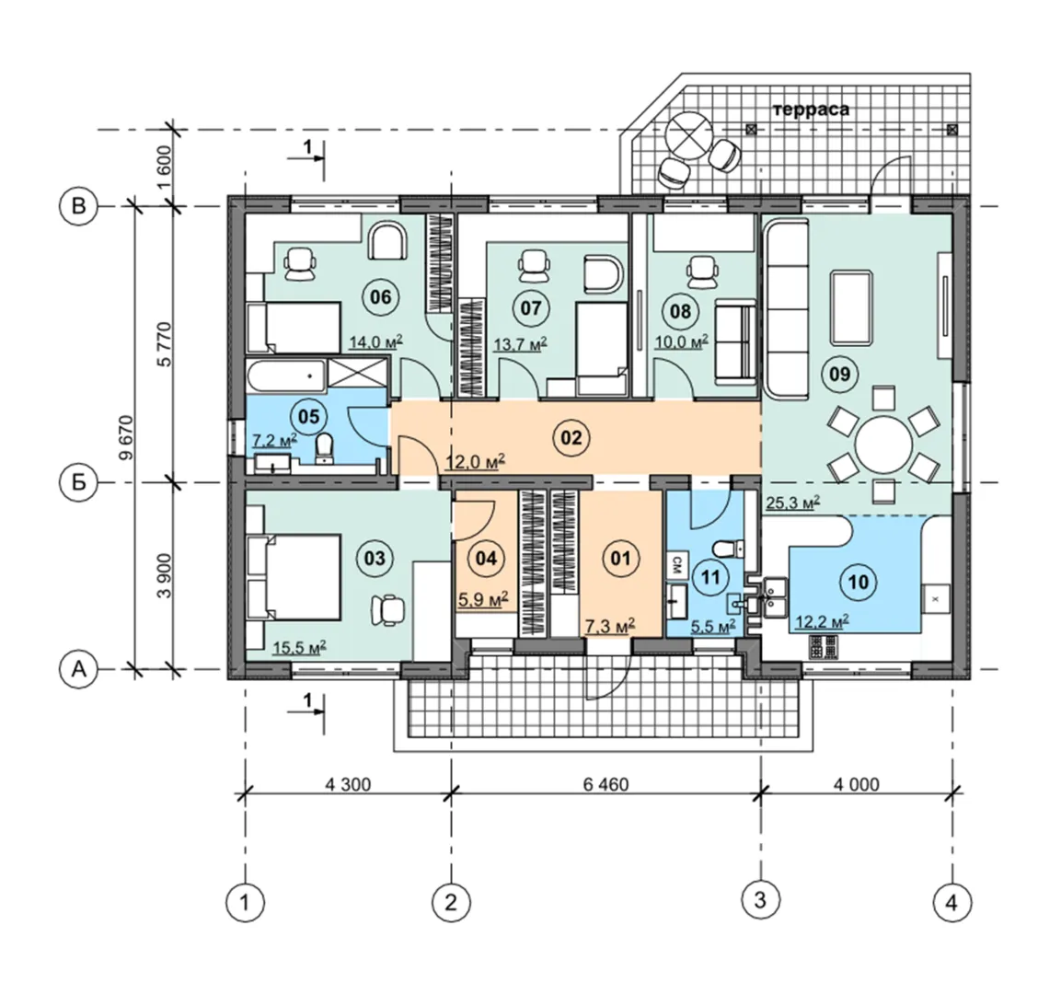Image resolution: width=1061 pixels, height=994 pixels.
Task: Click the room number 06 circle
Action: point(381,296)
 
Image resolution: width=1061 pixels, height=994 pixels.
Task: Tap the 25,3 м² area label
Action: point(793,503)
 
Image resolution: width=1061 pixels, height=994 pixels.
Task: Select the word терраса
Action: point(811,109)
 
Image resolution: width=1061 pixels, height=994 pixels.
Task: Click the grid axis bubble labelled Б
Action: point(79,483)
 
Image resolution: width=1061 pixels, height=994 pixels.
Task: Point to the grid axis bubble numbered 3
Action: point(761,901)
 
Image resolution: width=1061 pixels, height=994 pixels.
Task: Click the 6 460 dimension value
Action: point(605,784)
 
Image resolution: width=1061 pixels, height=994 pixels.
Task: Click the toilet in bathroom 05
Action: point(326,449)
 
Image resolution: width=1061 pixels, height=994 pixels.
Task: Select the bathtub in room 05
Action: point(285,376)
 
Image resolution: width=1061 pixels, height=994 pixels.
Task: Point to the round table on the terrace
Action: point(688,134)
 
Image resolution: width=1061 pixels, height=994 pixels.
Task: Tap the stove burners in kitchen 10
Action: point(825,647)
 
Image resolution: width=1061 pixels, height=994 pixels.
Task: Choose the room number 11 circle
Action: point(709,578)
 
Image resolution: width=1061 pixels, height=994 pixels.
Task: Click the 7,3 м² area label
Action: point(610,627)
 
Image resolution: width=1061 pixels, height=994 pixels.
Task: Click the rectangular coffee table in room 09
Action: point(851,308)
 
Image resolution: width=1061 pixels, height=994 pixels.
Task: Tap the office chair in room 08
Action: point(700,271)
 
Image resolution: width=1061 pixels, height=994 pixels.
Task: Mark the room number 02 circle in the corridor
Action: point(571,438)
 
